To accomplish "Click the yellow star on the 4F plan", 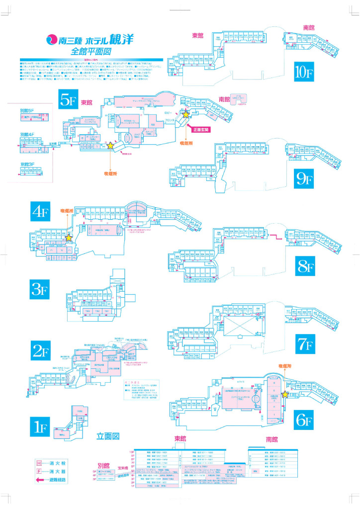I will (x=69, y=238).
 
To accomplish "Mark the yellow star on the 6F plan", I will (x=285, y=395).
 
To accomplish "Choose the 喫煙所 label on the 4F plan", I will (x=66, y=211).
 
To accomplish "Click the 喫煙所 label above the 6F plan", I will (x=283, y=365).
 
